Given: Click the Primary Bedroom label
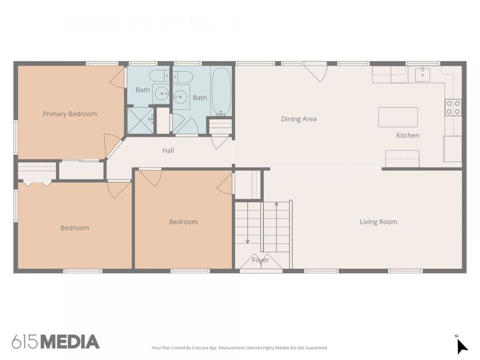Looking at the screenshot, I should [70, 114].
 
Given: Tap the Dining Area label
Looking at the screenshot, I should [299, 119].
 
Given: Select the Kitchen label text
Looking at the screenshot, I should [407, 135].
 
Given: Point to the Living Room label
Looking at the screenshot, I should [378, 222].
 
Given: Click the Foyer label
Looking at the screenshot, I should [260, 260].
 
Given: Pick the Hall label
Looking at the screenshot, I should [168, 150].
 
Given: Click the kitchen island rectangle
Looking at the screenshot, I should [398, 117].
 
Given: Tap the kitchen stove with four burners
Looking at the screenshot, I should [453, 108].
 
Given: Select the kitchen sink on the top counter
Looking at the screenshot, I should [423, 74].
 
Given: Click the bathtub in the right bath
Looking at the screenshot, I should [221, 91].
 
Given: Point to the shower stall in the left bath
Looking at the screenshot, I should [140, 121].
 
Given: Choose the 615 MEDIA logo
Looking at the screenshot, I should [55, 342].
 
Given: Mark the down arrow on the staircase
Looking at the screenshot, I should [247, 240].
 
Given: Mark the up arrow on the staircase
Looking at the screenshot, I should [276, 204].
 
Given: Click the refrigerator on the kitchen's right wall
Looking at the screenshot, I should [452, 149].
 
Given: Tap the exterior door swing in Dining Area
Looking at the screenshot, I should [316, 72].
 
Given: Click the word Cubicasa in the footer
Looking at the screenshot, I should [200, 348].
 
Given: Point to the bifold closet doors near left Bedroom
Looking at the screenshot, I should [37, 183].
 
